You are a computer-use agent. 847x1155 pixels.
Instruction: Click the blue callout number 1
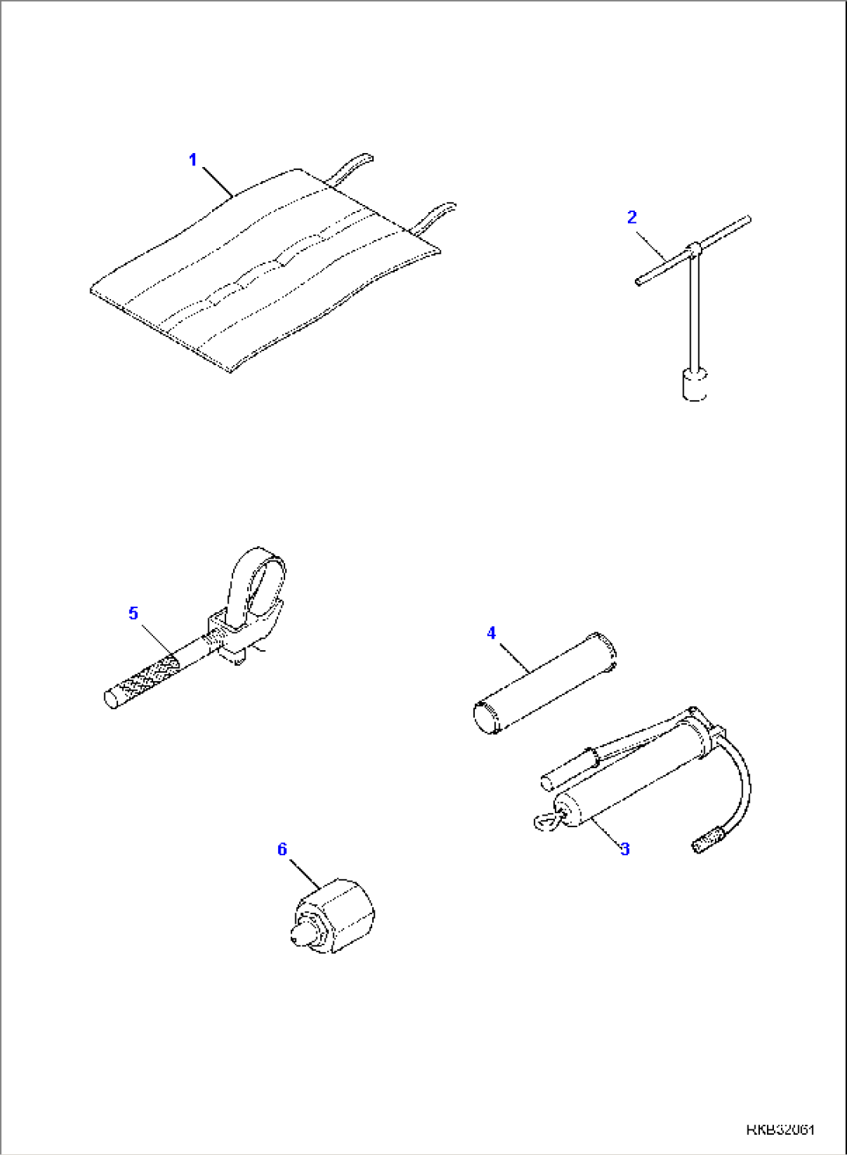click(193, 160)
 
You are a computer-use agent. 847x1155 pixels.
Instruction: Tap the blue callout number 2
click(632, 217)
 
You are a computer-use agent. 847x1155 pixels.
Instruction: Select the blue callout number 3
click(625, 849)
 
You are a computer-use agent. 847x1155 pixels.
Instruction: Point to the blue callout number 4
click(491, 633)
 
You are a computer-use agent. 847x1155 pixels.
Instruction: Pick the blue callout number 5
click(134, 613)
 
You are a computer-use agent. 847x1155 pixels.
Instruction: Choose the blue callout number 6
click(281, 849)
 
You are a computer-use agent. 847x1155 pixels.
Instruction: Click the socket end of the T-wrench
click(695, 384)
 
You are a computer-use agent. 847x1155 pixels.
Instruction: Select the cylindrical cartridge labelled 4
click(545, 683)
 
